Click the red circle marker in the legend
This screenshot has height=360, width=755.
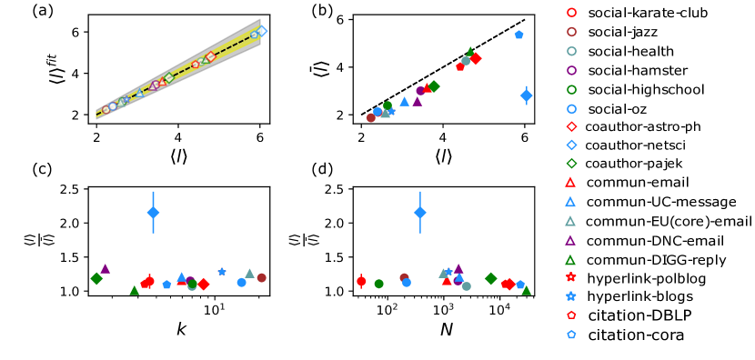tap(571, 13)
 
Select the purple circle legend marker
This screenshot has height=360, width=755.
tap(571, 70)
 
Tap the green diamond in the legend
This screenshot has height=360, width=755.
tap(571, 164)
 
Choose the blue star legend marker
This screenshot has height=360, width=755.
tap(571, 296)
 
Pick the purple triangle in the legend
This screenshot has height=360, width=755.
tap(571, 241)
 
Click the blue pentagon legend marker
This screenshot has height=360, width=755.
tap(571, 335)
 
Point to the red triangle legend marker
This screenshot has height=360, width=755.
tap(571, 183)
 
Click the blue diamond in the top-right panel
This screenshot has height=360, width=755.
tap(527, 95)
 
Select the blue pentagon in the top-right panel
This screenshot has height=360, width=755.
tap(519, 35)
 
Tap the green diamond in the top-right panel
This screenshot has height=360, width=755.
tap(434, 86)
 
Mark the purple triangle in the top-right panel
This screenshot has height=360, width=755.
tap(418, 102)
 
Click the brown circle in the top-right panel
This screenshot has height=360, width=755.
tap(371, 117)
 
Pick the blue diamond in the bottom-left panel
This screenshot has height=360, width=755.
tap(153, 213)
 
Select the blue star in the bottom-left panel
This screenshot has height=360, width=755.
tap(222, 272)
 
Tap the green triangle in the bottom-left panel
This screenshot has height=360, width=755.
tap(135, 291)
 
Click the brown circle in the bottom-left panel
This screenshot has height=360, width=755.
tap(262, 278)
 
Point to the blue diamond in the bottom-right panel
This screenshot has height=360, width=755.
tap(420, 213)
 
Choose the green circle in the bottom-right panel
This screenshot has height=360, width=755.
tap(379, 284)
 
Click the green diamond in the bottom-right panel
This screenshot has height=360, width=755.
tap(491, 278)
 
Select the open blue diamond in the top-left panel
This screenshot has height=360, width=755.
tap(262, 31)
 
